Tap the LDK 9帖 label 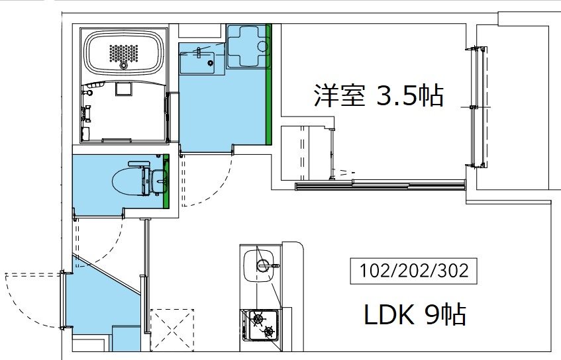point(415,315)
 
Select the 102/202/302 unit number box point(415,271)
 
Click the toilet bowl point(130,179)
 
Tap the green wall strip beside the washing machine point(268,85)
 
